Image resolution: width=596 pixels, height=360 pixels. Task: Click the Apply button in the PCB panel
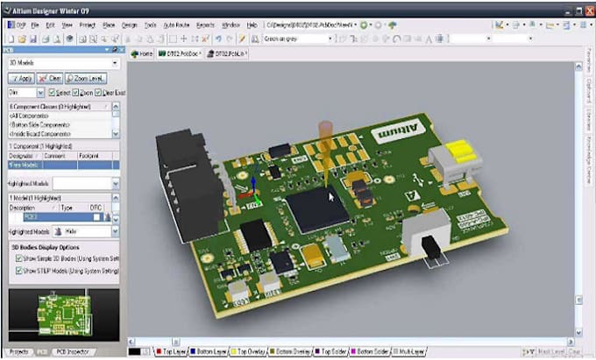click(x=21, y=78)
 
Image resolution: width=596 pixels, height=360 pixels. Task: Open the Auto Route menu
click(x=178, y=26)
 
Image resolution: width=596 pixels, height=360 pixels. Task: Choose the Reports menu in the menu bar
click(x=207, y=26)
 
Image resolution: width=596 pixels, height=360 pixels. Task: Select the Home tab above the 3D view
click(x=142, y=53)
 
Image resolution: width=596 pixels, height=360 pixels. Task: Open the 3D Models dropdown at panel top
click(x=62, y=63)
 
